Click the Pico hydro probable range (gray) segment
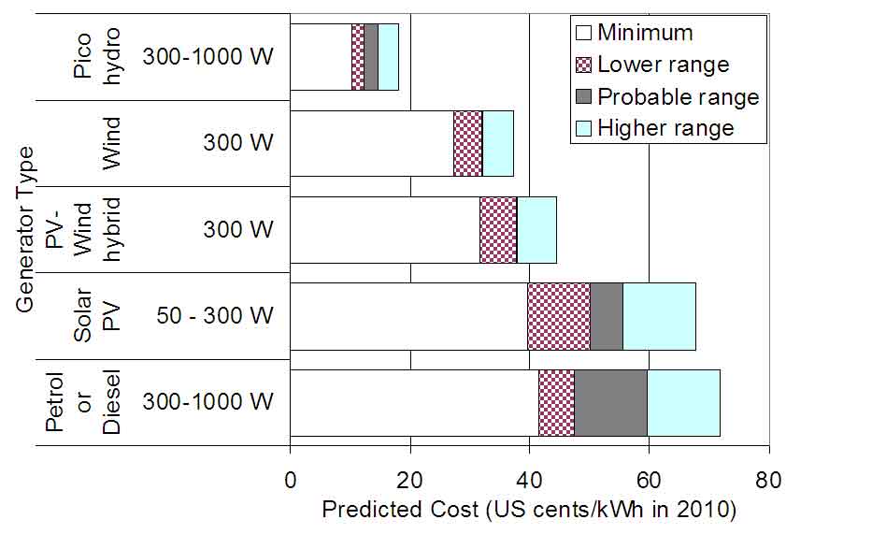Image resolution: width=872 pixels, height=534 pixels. click(x=371, y=57)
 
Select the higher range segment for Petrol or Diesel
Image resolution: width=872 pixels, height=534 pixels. click(x=683, y=402)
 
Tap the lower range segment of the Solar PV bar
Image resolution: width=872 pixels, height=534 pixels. click(x=559, y=316)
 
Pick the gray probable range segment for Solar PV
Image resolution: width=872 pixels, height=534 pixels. click(x=607, y=316)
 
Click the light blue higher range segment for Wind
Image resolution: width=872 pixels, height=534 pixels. click(x=498, y=143)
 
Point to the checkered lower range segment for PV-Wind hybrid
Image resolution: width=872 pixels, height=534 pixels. click(x=498, y=230)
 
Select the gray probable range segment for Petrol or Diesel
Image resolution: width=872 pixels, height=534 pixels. click(x=610, y=402)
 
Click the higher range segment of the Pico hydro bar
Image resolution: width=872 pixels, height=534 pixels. click(x=388, y=57)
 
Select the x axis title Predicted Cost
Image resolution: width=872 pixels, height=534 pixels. click(x=529, y=511)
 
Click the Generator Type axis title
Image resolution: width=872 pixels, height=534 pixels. click(x=25, y=229)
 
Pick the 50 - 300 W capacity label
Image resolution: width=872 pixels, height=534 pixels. click(x=214, y=315)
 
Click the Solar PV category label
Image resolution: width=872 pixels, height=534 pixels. click(x=97, y=316)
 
